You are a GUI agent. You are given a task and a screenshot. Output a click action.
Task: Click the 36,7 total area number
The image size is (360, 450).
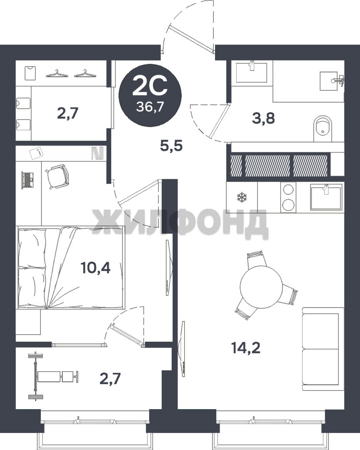coord(150,107)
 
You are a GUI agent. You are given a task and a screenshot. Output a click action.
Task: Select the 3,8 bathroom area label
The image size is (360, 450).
coord(263,118)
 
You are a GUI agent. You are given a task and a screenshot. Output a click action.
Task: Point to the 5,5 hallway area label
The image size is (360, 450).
coord(171,146)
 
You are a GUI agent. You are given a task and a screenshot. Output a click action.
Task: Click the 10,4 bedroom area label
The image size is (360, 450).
coord(95,268)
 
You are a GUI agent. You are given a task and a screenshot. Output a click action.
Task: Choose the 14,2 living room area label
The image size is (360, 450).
coord(246,348)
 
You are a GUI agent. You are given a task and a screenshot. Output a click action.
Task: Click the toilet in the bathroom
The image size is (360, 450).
coord(322,129)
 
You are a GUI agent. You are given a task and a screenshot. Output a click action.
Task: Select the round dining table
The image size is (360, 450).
coord(261,287)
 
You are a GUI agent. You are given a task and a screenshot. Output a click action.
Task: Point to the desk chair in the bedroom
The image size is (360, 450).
coord(57,176)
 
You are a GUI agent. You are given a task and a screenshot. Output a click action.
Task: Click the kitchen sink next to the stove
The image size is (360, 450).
coord(326,197)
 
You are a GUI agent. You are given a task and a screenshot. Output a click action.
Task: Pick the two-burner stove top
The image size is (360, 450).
coord(288,197)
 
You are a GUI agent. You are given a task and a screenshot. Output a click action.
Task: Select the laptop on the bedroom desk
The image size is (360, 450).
coord(27,180)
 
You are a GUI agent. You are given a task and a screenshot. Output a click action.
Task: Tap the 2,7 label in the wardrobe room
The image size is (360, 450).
coord(68,113)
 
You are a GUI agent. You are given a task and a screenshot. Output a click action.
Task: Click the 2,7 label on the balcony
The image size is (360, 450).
coord(110,378)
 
